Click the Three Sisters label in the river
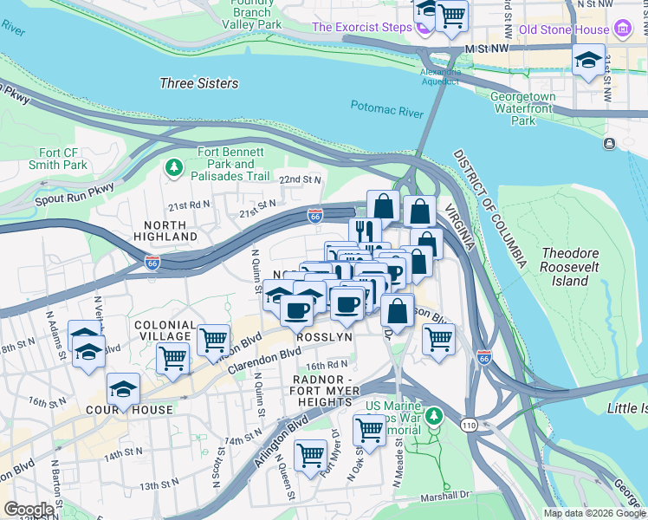199,83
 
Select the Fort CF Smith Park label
63,159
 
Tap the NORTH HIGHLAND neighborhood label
165,230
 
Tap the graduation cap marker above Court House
124,388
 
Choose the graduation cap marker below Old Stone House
588,61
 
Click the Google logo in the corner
29,510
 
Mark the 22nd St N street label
299,179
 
